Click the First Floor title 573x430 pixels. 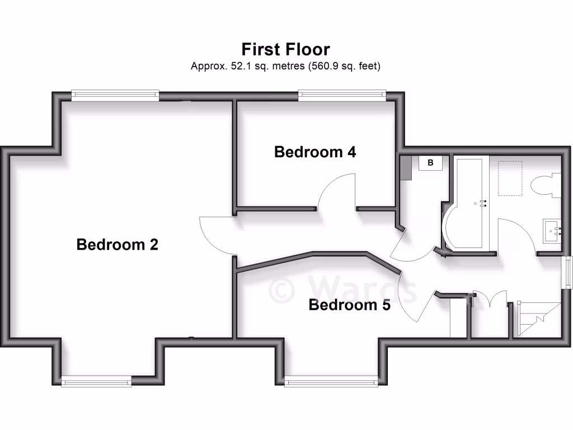click(285, 49)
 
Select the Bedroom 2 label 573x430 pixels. click(118, 245)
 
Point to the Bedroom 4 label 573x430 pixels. click(315, 152)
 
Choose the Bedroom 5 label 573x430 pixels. click(350, 305)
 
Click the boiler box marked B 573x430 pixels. click(431, 163)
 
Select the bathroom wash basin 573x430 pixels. click(552, 230)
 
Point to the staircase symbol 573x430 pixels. click(538, 319)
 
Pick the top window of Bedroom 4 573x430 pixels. click(342, 96)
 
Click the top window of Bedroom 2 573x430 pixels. click(115, 96)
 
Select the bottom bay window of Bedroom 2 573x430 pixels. click(96, 382)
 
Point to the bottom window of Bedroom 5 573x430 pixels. click(331, 382)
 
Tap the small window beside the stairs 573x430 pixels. click(567, 273)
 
